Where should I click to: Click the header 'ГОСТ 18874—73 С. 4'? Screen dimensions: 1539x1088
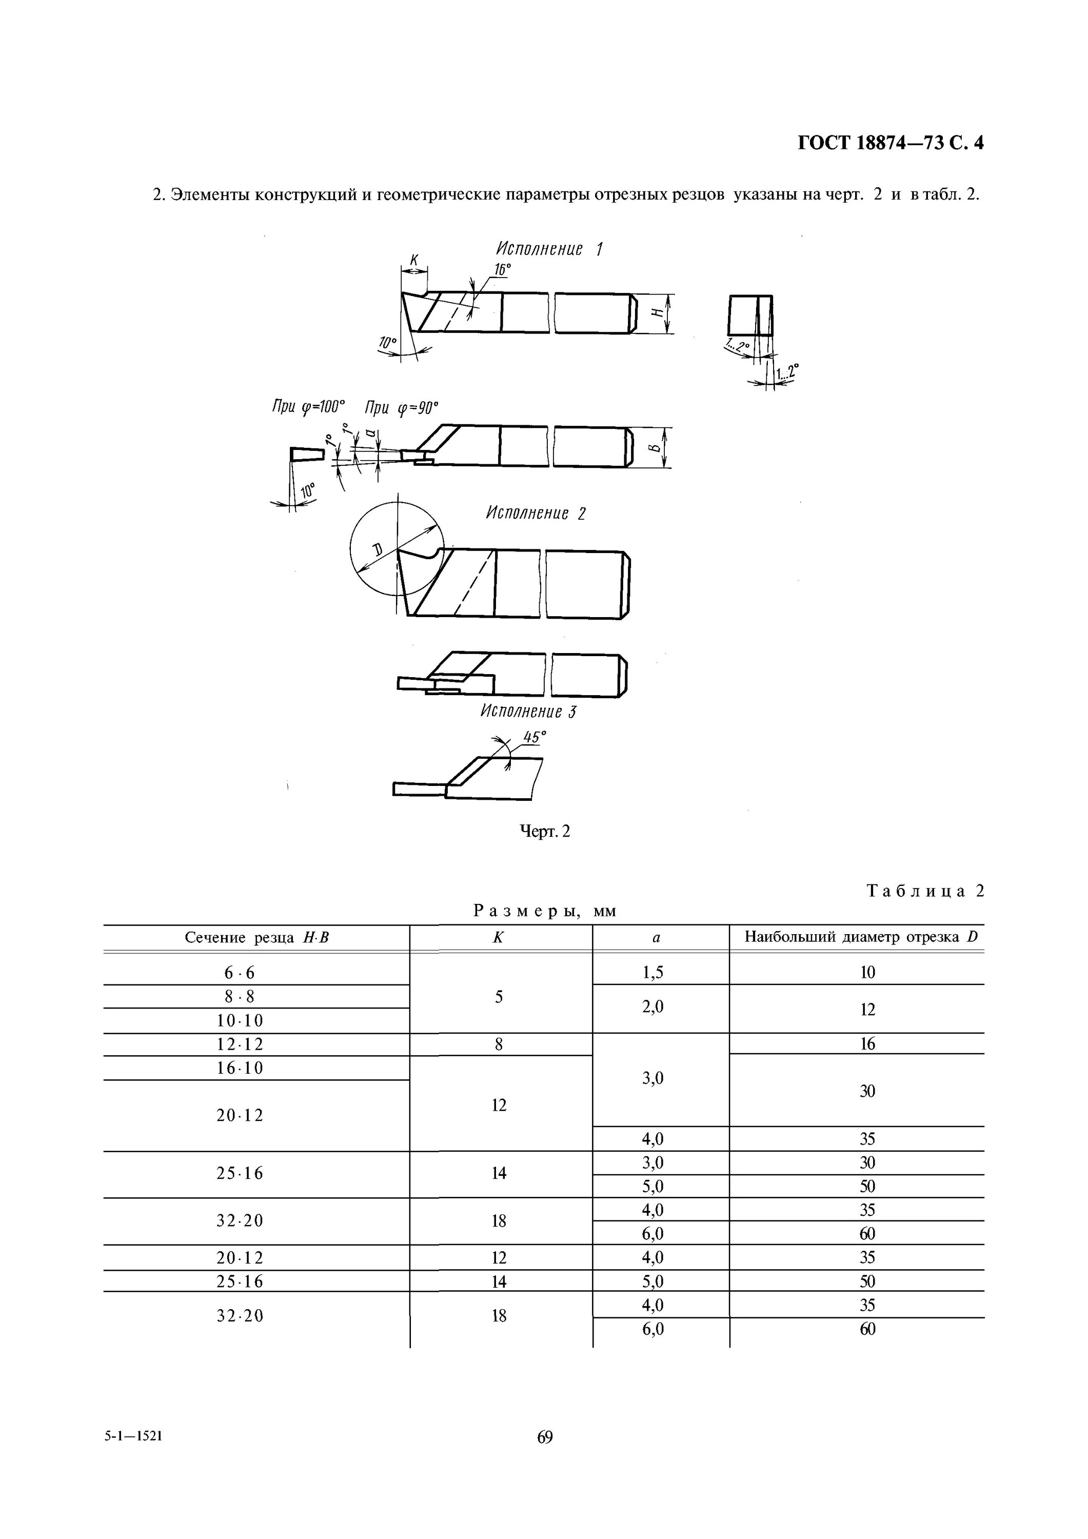[890, 143]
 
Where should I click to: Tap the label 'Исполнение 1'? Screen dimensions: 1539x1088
[549, 249]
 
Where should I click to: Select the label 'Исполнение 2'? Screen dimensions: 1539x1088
[536, 514]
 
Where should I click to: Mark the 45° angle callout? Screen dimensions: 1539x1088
[535, 737]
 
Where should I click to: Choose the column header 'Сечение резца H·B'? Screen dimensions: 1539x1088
[257, 938]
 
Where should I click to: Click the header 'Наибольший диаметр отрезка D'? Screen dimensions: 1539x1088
[861, 937]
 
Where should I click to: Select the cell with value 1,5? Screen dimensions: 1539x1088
[652, 973]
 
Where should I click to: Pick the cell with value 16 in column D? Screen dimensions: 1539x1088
[867, 1043]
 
